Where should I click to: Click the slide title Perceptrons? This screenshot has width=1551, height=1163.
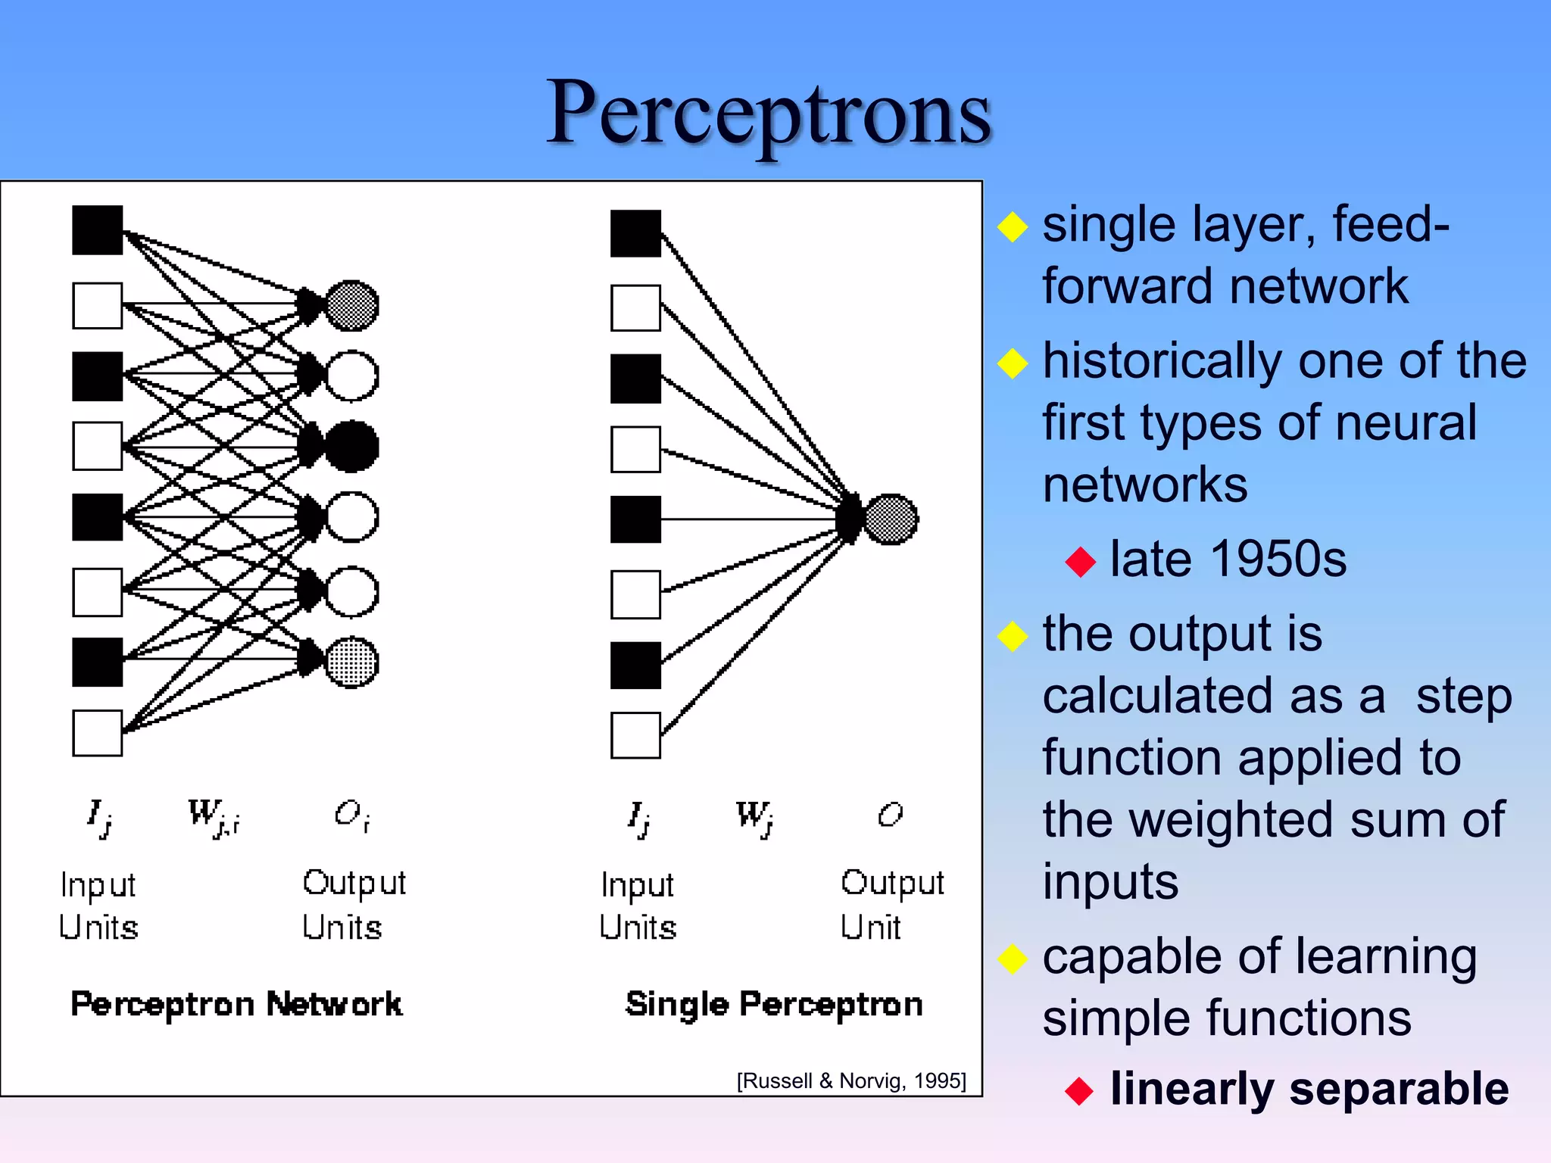[768, 114]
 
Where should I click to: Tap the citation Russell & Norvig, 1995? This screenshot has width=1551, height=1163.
[851, 1080]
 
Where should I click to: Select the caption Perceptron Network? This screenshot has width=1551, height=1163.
[236, 1004]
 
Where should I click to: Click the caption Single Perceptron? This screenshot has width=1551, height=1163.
[774, 1004]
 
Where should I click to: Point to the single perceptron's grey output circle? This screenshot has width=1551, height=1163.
[891, 519]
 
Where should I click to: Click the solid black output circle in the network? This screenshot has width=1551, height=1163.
[351, 446]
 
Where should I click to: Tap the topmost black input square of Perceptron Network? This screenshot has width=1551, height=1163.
[98, 230]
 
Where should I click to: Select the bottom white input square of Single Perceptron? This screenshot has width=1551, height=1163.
[635, 735]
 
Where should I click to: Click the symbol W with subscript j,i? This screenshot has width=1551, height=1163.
[213, 817]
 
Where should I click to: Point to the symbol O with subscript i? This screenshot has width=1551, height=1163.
[351, 815]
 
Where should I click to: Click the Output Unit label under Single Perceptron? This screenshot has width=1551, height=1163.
[891, 904]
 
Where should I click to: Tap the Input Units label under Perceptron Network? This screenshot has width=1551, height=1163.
[98, 906]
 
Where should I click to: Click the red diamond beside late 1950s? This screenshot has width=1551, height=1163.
[1080, 562]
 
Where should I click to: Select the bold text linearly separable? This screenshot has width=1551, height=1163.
[1309, 1089]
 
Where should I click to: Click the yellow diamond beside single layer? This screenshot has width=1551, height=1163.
[1013, 226]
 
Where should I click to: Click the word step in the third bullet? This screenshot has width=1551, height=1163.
[1463, 696]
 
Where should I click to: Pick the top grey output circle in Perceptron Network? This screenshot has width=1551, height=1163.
[351, 306]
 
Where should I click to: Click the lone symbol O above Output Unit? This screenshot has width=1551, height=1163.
[890, 815]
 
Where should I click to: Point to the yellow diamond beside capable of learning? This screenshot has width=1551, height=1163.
[1013, 959]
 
